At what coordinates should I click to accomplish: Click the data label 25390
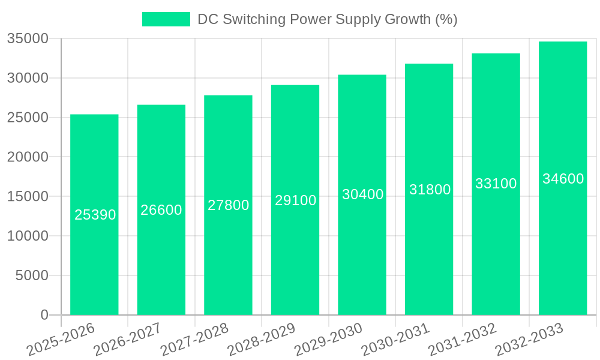[x=95, y=215]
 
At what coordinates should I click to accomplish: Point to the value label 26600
[x=161, y=210]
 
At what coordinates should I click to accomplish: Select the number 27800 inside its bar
[x=229, y=205]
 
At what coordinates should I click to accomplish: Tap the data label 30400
[x=362, y=194]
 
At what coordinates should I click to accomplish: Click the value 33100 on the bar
[x=496, y=184]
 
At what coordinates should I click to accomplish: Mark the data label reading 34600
[x=563, y=179]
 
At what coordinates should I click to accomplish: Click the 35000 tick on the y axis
[x=28, y=39]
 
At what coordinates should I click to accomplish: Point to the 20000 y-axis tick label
[x=28, y=157]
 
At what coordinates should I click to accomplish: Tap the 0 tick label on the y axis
[x=44, y=315]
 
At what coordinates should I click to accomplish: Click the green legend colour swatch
[x=166, y=19]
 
